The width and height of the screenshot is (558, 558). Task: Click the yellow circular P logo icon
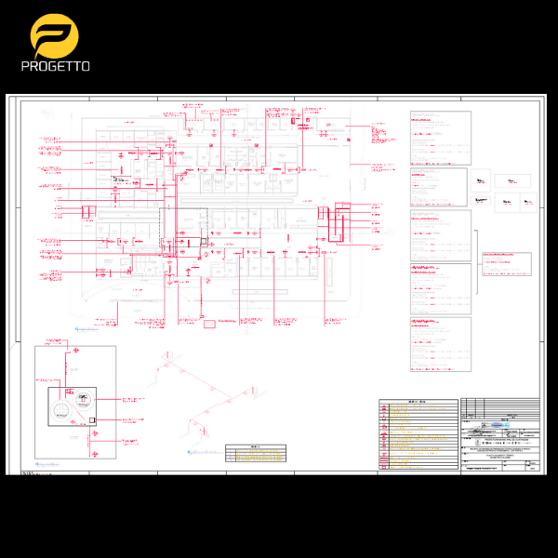pos(54,37)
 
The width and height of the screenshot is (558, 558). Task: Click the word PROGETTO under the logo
pos(55,67)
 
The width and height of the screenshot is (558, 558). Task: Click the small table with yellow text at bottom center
pos(256,454)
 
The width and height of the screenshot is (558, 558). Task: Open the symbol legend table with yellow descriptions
pos(418,437)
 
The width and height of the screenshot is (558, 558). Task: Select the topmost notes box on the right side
pos(441,138)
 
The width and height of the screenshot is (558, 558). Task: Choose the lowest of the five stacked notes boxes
pos(441,345)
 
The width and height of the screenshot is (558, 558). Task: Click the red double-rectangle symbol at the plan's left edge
pos(87,212)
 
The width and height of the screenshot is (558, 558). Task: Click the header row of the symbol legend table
pos(418,403)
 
